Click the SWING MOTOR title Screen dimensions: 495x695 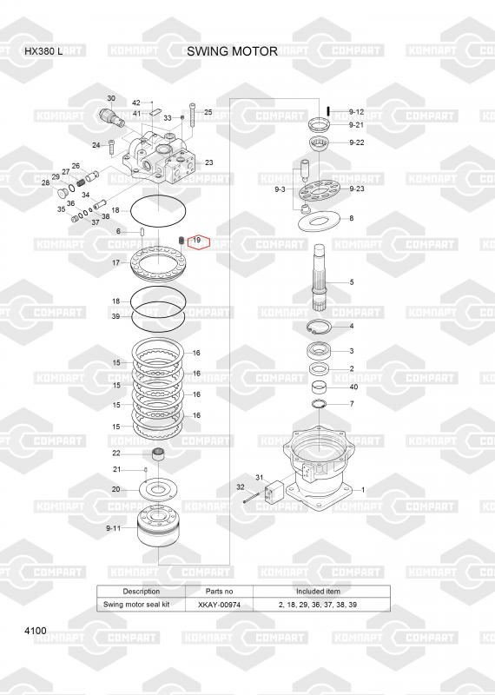point(232,51)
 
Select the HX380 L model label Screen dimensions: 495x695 point(43,51)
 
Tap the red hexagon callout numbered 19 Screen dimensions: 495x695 point(198,242)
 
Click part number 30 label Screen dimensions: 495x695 point(111,98)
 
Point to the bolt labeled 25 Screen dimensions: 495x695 point(192,115)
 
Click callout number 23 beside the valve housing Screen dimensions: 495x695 point(208,162)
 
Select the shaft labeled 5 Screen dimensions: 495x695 point(320,277)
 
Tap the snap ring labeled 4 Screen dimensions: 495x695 point(319,328)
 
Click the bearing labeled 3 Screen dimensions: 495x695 point(319,351)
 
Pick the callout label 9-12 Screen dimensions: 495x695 point(356,112)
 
